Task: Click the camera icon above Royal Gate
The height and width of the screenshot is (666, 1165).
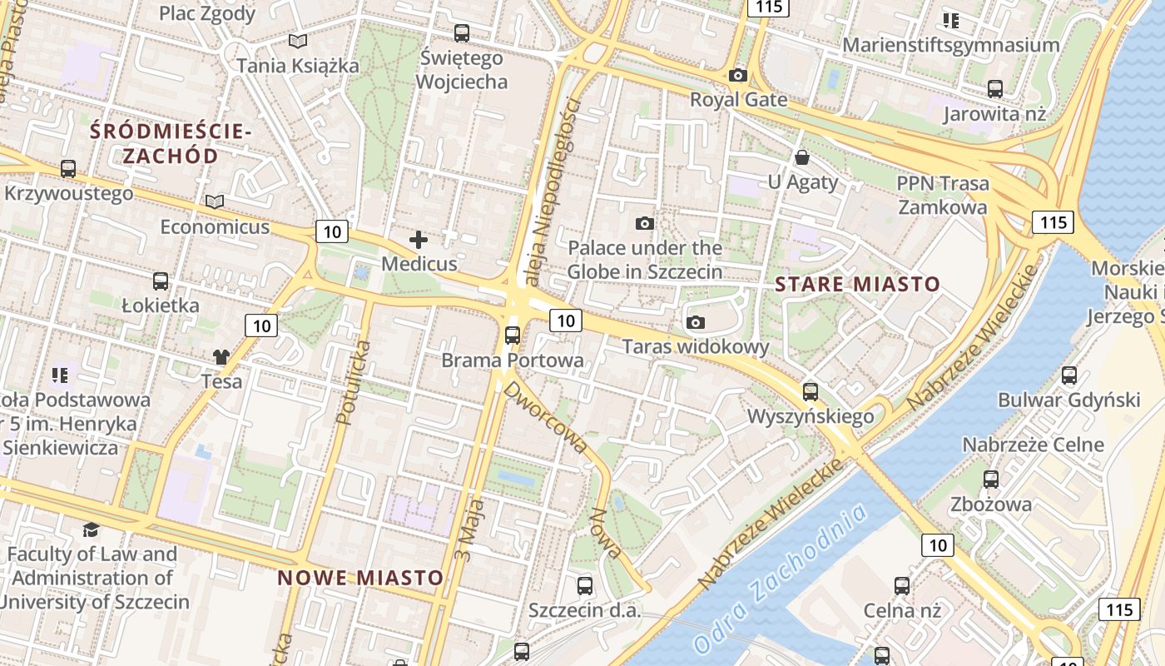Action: (x=737, y=76)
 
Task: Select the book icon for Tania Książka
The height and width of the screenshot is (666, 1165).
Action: (x=297, y=41)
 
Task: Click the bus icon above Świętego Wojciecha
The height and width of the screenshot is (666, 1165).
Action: (x=461, y=33)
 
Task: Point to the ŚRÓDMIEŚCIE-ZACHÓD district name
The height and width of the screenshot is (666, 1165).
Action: (x=170, y=143)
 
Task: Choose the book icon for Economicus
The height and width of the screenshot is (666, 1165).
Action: (x=215, y=201)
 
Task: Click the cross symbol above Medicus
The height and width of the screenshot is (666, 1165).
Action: (x=419, y=241)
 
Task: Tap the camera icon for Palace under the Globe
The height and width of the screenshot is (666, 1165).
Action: (x=644, y=223)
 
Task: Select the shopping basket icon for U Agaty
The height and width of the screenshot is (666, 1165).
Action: (x=802, y=157)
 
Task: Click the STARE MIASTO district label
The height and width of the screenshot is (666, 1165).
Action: (x=857, y=285)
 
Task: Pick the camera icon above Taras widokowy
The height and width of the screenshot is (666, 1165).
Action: (x=696, y=322)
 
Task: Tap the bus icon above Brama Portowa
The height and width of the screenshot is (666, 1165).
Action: (x=513, y=335)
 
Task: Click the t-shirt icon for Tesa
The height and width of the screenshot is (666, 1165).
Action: (x=221, y=357)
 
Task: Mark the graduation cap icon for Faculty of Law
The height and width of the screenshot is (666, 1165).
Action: (x=91, y=529)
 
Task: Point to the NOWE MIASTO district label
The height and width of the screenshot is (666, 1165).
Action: (x=360, y=578)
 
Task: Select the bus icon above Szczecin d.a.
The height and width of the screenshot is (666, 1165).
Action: (x=585, y=585)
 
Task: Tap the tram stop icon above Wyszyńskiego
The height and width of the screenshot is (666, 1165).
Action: (x=810, y=391)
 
